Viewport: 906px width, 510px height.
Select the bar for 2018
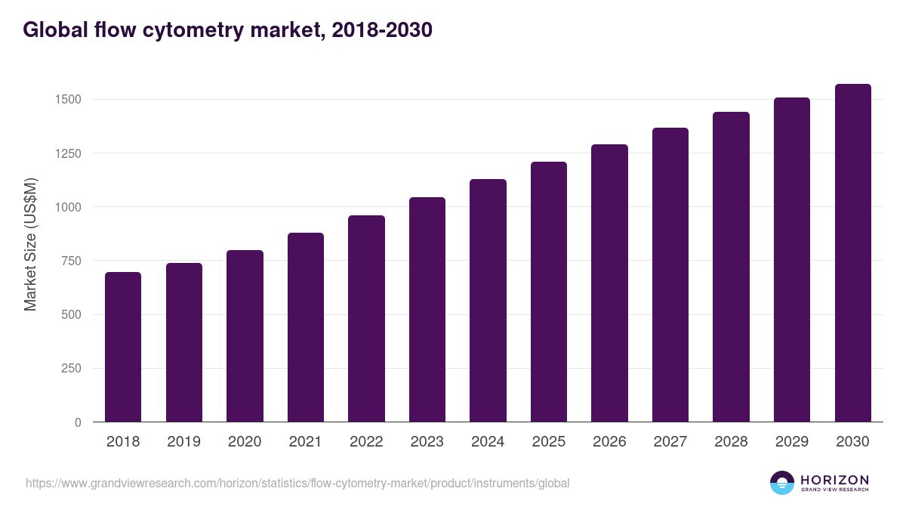tap(123, 347)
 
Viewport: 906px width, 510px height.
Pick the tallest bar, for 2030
tap(852, 253)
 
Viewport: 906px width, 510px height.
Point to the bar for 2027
tap(670, 275)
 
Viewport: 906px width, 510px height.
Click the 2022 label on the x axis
tap(366, 442)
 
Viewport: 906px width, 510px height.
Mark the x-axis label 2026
tap(609, 442)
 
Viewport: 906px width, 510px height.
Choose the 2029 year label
tap(792, 442)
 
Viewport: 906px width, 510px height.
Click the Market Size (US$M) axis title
tap(30, 244)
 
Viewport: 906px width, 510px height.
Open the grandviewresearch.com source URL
tap(297, 483)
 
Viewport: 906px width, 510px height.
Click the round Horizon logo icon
tap(782, 483)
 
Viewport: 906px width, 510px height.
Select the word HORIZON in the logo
tap(835, 480)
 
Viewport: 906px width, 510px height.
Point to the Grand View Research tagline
tap(835, 490)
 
